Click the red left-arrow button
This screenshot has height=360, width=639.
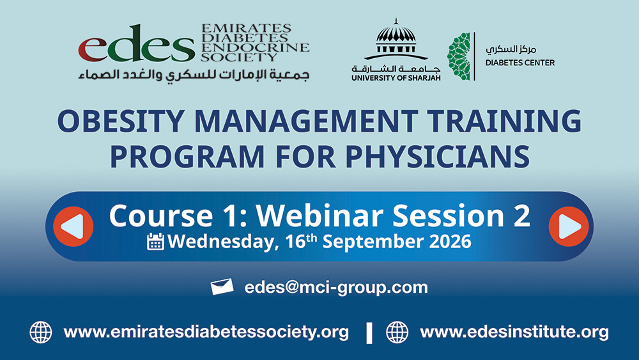click(x=73, y=226)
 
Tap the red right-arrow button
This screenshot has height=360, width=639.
click(x=569, y=226)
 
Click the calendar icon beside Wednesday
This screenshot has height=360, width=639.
click(x=155, y=241)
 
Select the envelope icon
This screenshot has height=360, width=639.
click(x=222, y=286)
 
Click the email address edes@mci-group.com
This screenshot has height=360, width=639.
click(x=336, y=288)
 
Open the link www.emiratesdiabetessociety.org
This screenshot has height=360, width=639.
click(x=206, y=332)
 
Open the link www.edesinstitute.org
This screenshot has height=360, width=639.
click(x=514, y=332)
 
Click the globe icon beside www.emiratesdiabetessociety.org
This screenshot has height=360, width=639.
click(x=41, y=333)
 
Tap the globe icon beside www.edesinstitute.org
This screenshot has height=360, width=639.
click(x=397, y=333)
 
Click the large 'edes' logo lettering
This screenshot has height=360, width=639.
click(x=137, y=43)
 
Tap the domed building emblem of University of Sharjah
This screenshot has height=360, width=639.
click(x=396, y=39)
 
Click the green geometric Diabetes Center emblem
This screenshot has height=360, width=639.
click(x=459, y=56)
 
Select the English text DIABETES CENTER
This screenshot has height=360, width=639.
click(x=520, y=63)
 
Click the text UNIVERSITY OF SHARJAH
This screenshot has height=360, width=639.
click(x=396, y=78)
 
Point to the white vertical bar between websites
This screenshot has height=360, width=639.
click(x=369, y=333)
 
